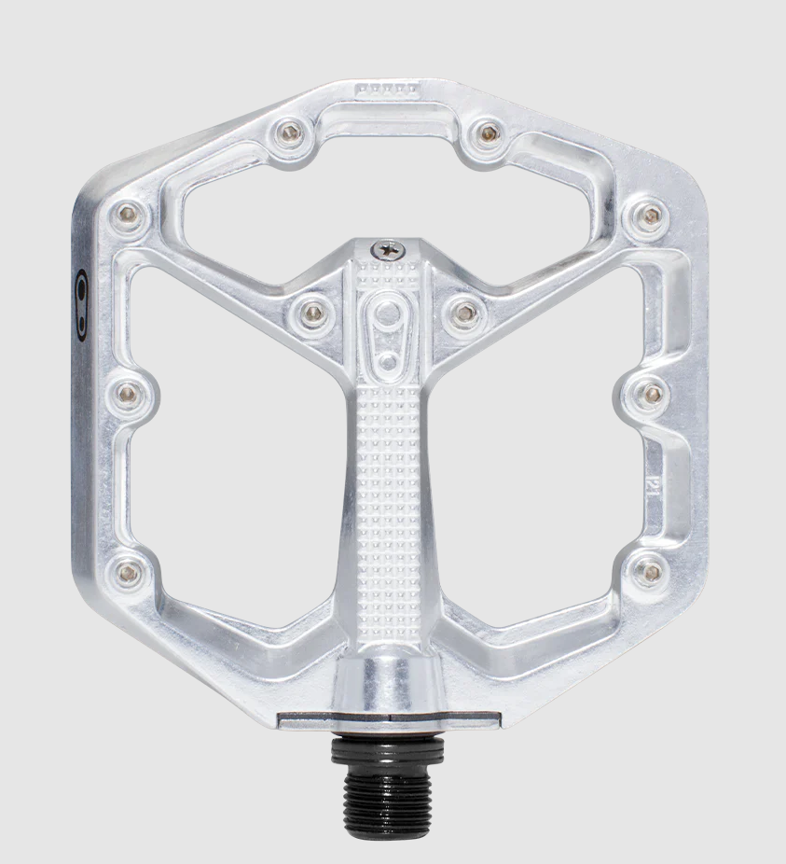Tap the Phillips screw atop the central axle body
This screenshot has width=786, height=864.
384,249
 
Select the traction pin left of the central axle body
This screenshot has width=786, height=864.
313,312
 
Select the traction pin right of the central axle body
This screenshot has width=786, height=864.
460,312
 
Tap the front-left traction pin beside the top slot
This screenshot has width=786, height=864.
290,132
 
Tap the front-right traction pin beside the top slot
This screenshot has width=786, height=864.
485,132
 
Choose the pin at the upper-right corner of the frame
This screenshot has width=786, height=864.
650,216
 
